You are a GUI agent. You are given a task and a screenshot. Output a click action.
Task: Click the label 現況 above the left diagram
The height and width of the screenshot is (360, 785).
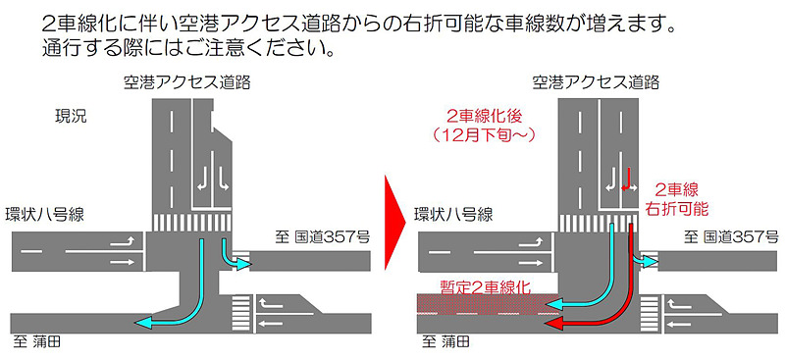[71, 117]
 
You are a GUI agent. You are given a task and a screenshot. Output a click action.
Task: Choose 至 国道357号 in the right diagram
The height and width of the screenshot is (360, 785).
[731, 236]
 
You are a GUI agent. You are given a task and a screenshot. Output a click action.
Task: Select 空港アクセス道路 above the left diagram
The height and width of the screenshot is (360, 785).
[186, 82]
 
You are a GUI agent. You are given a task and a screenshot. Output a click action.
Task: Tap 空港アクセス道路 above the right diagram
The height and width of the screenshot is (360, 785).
[596, 82]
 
